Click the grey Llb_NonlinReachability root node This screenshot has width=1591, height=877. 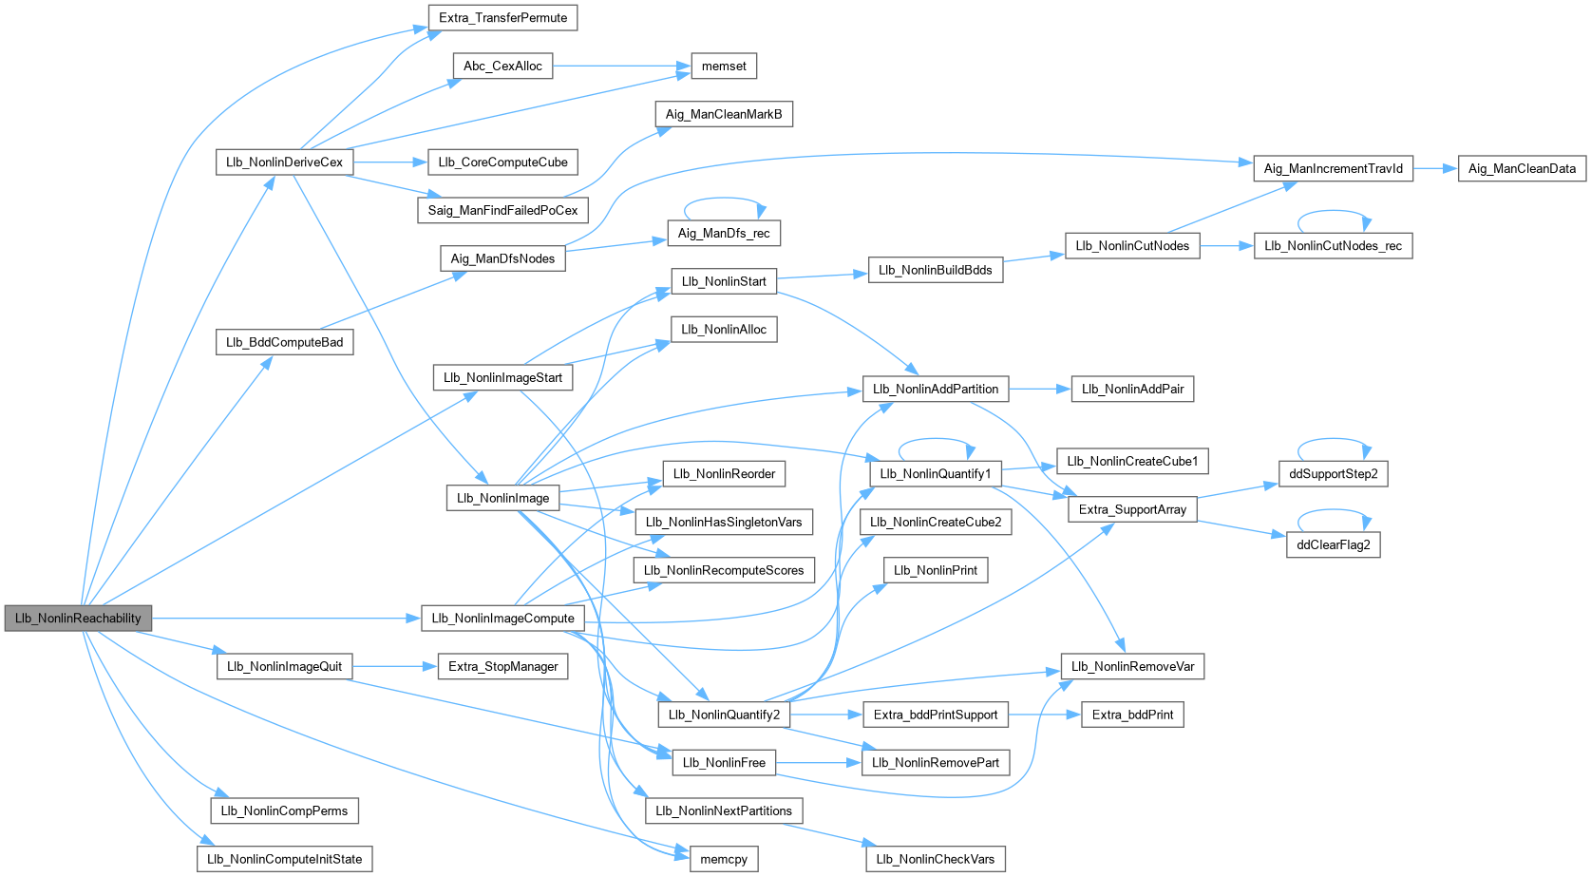pyautogui.click(x=78, y=618)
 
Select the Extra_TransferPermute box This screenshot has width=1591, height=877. pyautogui.click(x=502, y=17)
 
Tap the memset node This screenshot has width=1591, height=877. pyautogui.click(x=724, y=66)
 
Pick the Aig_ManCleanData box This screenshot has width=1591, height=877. pyautogui.click(x=1522, y=168)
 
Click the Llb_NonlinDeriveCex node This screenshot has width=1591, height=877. pyautogui.click(x=284, y=162)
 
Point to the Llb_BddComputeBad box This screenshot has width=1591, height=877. pyautogui.click(x=284, y=342)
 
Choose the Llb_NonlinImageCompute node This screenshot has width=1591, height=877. pyautogui.click(x=502, y=618)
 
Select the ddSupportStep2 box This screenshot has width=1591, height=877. pyautogui.click(x=1333, y=473)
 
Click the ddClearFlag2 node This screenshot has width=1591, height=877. pyautogui.click(x=1333, y=544)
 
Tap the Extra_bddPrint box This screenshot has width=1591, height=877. pyautogui.click(x=1132, y=715)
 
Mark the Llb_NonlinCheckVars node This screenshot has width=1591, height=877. pyautogui.click(x=935, y=859)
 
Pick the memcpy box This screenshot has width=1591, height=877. pyautogui.click(x=724, y=859)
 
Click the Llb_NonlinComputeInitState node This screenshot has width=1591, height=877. pyautogui.click(x=284, y=859)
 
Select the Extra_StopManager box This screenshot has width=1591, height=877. pyautogui.click(x=502, y=666)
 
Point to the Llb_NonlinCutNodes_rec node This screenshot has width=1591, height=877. pyautogui.click(x=1333, y=245)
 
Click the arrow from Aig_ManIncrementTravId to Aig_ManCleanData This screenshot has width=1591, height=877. pyautogui.click(x=1435, y=168)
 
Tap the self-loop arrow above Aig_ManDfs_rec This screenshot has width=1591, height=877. pyautogui.click(x=724, y=200)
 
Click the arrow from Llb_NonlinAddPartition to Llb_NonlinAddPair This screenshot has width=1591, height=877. pyautogui.click(x=1039, y=389)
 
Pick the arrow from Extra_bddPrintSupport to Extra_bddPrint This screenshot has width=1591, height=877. pyautogui.click(x=1045, y=715)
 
